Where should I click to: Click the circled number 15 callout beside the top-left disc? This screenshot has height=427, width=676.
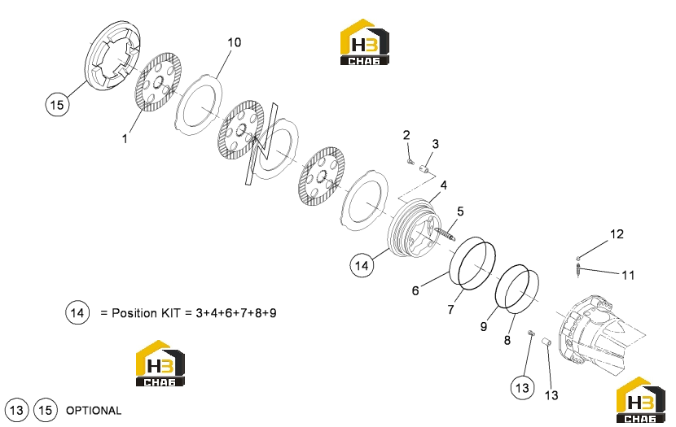point(57,105)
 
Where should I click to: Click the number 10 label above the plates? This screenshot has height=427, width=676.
point(234,42)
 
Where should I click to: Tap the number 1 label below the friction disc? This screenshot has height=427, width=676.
point(125,139)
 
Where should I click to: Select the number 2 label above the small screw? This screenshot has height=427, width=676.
point(406,135)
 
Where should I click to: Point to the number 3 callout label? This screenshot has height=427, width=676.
point(436,144)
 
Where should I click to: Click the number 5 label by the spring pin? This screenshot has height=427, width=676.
point(460,211)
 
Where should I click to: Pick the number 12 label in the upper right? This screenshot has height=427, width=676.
point(617,234)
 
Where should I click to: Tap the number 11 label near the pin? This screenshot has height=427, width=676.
point(628,275)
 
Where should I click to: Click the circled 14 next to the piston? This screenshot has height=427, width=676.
point(362,265)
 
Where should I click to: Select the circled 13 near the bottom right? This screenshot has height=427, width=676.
point(522,388)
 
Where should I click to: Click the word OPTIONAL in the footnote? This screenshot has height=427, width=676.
point(94,411)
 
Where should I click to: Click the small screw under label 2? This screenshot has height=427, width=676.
point(410,162)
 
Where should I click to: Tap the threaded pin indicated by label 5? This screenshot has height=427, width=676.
point(445,235)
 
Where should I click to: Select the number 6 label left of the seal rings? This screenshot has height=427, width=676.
point(415,291)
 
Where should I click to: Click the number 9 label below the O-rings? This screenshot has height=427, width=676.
point(484,327)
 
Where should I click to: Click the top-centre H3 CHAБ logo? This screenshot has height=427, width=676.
point(365,42)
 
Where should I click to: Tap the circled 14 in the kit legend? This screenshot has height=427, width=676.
point(77,312)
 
